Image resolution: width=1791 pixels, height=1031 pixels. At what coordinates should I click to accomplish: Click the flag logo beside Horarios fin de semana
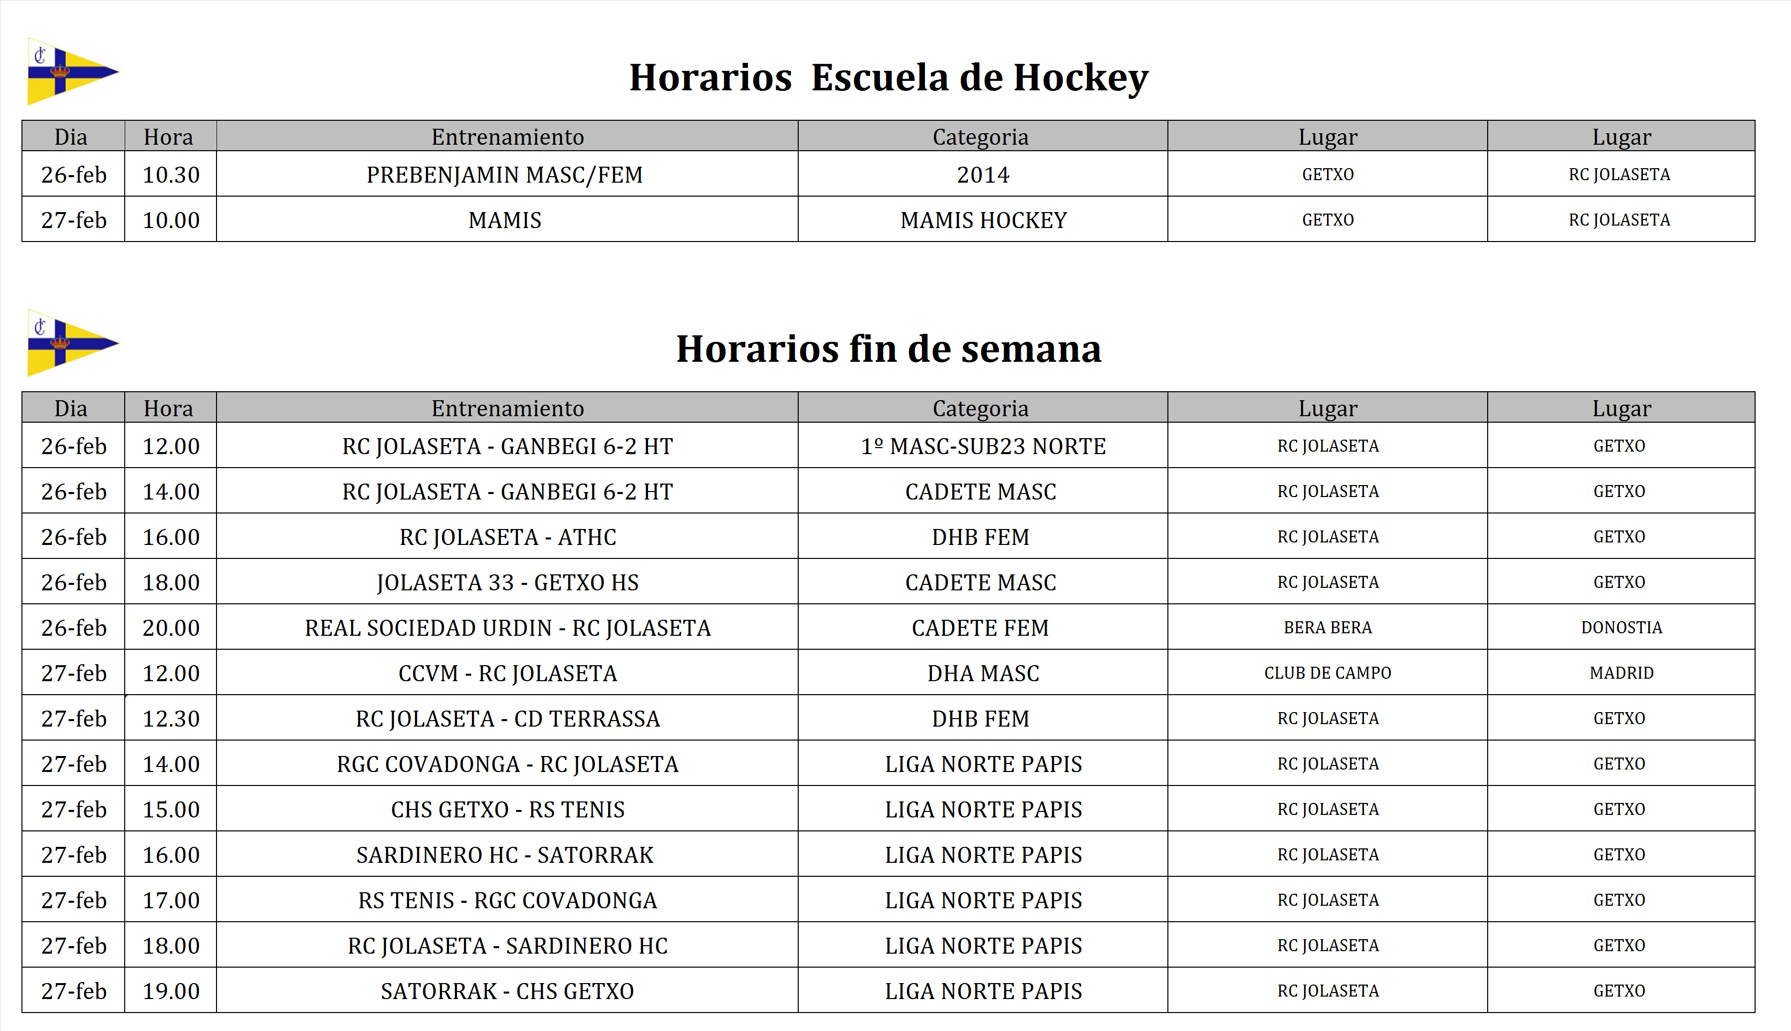(x=71, y=343)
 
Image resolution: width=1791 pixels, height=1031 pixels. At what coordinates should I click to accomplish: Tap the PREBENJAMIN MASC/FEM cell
(x=505, y=175)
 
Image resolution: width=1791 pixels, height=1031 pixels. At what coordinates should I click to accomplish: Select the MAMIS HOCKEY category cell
(x=983, y=220)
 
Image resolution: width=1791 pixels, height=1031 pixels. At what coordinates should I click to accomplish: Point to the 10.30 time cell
(x=171, y=175)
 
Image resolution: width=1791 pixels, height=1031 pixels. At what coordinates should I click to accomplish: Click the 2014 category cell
(x=983, y=175)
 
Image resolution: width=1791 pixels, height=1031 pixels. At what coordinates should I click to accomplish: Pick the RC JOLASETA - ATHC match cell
(x=507, y=537)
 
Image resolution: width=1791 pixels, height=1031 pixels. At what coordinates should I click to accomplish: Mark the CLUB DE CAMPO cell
(x=1328, y=673)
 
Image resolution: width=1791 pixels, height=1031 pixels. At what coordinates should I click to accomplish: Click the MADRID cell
(x=1621, y=673)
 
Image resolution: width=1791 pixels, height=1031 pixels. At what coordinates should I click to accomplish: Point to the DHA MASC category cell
(x=983, y=673)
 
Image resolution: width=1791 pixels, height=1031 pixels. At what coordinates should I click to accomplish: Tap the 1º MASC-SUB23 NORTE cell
(x=983, y=447)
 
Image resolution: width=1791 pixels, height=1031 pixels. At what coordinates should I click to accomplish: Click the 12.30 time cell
(x=171, y=719)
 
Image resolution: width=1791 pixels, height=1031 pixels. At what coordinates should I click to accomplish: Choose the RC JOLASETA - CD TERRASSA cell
(x=507, y=719)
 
